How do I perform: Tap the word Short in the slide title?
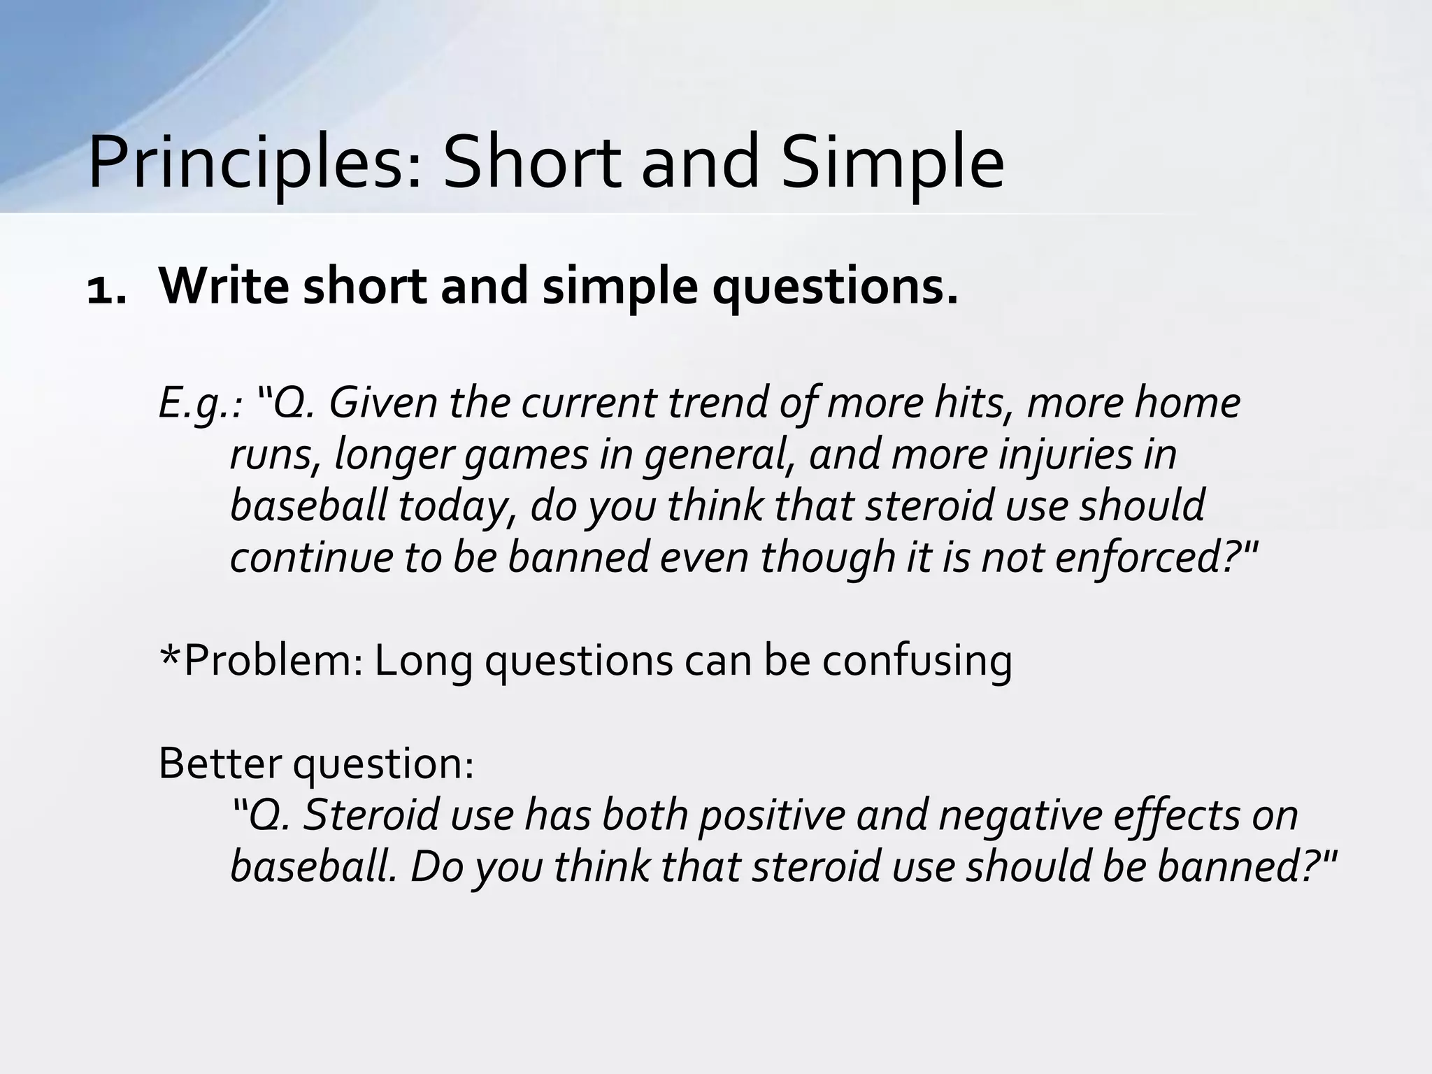532,163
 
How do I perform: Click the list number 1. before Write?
106,288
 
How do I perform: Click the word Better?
220,764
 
